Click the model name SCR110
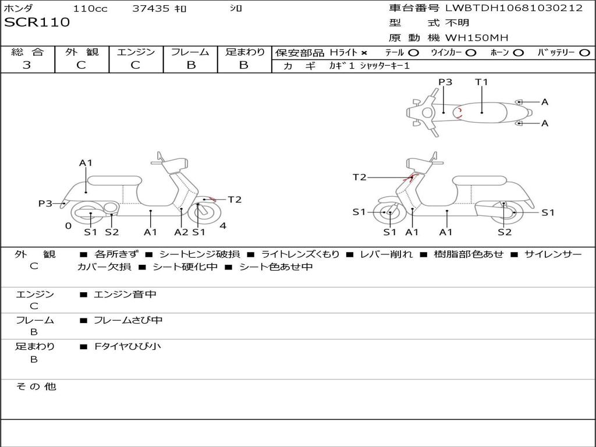[x=37, y=23]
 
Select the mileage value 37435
[x=151, y=9]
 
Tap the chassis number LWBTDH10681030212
[x=514, y=8]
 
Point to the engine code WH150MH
[x=477, y=38]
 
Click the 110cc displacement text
[x=90, y=9]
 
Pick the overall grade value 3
[x=27, y=65]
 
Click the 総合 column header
[x=27, y=52]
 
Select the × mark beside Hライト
[x=364, y=52]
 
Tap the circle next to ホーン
[x=518, y=52]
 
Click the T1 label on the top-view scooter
[x=481, y=82]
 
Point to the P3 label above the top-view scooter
[x=445, y=82]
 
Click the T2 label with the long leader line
[x=360, y=177]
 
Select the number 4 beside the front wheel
[x=223, y=226]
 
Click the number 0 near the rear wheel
[x=68, y=226]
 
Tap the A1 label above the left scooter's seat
[x=86, y=163]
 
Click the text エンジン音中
[x=125, y=295]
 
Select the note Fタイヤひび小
[x=127, y=346]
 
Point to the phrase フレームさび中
[x=128, y=320]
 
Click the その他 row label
[x=36, y=386]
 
